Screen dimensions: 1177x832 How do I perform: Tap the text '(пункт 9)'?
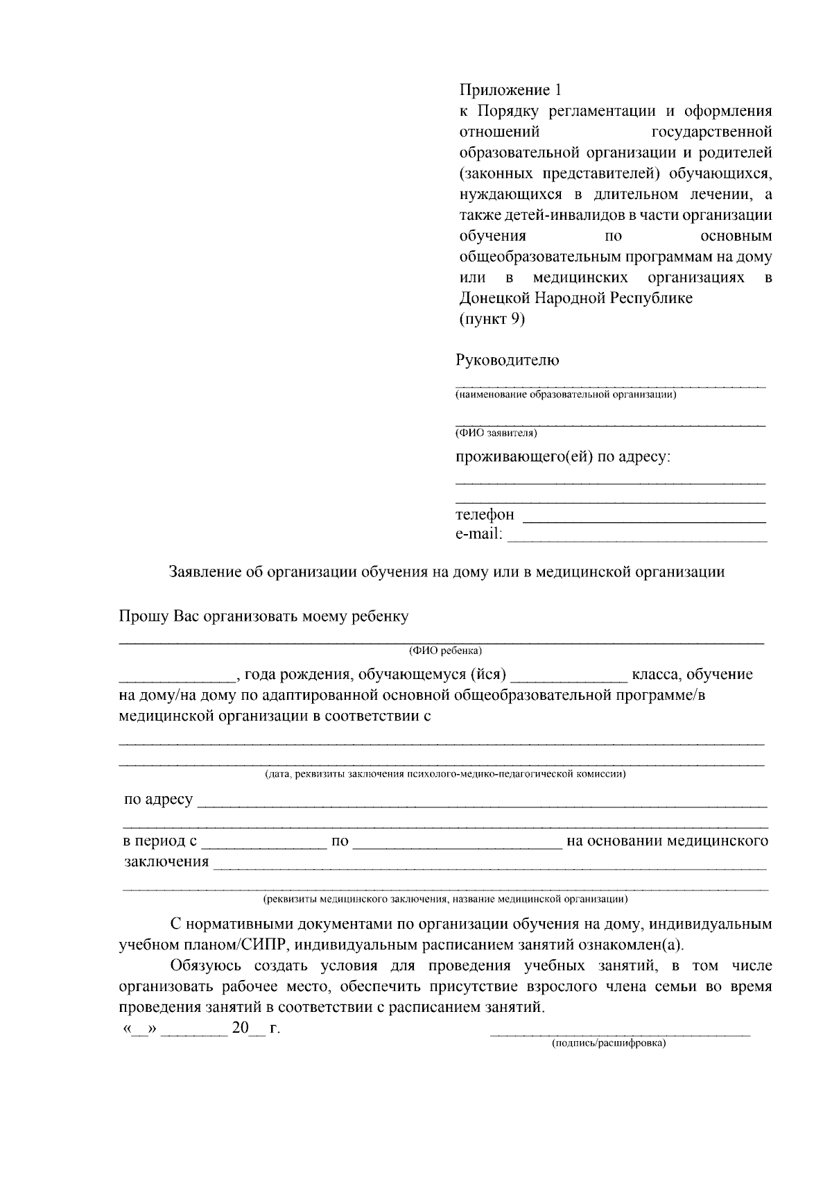(x=492, y=319)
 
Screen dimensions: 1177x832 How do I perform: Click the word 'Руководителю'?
(x=507, y=361)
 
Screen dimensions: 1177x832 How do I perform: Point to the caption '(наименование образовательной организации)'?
(x=565, y=395)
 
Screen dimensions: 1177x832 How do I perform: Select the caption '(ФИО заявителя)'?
(x=496, y=433)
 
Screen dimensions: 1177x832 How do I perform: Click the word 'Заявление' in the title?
(x=204, y=572)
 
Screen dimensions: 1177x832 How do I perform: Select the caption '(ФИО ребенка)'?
(x=444, y=651)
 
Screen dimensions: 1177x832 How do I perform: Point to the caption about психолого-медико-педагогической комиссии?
(x=444, y=774)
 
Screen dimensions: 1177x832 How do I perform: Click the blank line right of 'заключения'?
(x=489, y=867)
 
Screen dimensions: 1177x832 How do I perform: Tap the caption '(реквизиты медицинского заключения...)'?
(x=444, y=900)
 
